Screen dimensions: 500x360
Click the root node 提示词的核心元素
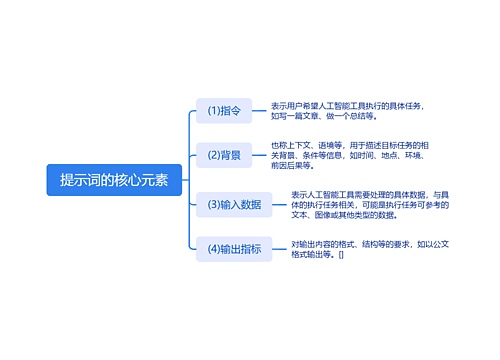114,180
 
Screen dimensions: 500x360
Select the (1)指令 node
224,111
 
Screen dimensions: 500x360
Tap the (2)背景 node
224,155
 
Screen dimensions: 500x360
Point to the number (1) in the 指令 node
212,111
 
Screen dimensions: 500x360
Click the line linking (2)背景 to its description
257,155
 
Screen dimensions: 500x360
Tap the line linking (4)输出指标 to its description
278,249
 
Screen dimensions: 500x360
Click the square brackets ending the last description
341,255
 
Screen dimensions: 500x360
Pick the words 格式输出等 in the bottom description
312,255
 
